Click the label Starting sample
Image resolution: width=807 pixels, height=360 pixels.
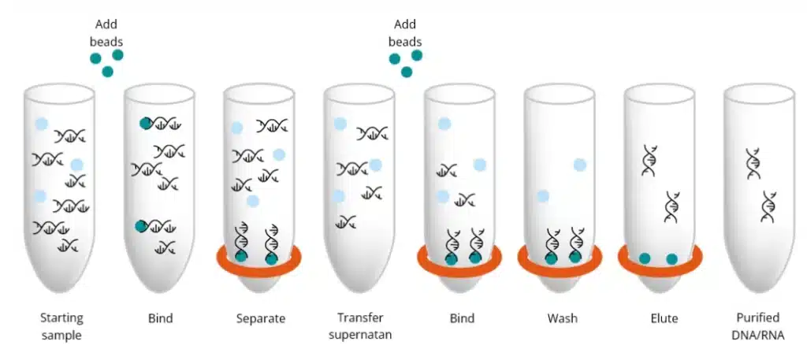61,327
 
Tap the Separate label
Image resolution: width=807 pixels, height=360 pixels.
260,318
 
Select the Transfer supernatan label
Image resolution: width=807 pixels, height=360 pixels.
360,326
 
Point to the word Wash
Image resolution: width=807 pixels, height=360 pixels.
562,318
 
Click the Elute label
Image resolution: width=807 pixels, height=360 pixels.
664,318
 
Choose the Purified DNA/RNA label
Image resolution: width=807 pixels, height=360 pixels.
758,326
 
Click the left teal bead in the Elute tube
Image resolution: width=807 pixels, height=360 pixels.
645,258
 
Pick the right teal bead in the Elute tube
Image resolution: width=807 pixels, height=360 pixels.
671,259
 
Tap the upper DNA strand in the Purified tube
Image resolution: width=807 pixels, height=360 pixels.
754,164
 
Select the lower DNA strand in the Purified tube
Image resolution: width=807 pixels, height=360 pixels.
769,206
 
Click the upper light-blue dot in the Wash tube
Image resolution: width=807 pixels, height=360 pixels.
580,165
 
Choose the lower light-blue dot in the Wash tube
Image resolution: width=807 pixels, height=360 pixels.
542,196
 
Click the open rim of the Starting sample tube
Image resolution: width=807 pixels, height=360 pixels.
59,95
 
